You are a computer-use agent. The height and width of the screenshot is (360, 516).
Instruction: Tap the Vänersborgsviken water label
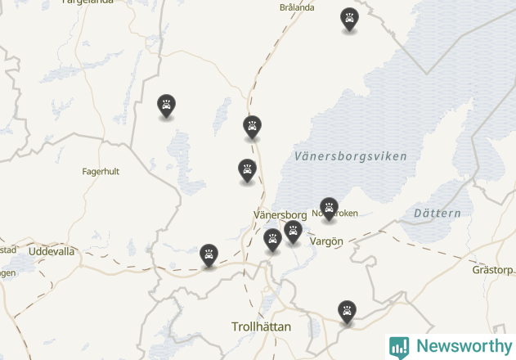(x=350, y=155)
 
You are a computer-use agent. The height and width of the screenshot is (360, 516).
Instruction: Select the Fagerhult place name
(x=101, y=172)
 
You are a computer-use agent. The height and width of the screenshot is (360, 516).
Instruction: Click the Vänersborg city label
(x=280, y=214)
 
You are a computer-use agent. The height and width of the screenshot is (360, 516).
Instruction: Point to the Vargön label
(x=327, y=241)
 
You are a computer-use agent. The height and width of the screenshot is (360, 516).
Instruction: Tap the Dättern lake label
(x=437, y=214)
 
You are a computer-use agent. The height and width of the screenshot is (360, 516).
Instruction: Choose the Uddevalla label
(x=51, y=251)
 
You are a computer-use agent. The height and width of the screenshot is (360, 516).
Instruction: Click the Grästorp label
(x=493, y=270)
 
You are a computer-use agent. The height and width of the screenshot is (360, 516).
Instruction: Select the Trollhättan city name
(x=261, y=326)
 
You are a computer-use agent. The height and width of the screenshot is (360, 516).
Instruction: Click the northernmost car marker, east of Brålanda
(x=349, y=19)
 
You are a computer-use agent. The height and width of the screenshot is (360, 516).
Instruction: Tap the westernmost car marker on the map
(x=166, y=106)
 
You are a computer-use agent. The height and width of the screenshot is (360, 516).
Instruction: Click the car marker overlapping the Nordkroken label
(x=329, y=209)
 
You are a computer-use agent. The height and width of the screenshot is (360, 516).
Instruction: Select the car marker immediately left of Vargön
(x=293, y=232)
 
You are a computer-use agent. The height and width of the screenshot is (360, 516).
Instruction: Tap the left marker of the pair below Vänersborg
(x=273, y=240)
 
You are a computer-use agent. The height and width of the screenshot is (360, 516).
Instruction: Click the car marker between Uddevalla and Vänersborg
(x=209, y=255)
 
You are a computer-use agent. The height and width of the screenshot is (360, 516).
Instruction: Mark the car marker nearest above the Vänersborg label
(x=247, y=170)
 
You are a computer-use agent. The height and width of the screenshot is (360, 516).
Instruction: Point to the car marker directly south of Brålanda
(x=252, y=127)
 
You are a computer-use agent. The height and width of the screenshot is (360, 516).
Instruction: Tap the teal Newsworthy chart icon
(x=399, y=347)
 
